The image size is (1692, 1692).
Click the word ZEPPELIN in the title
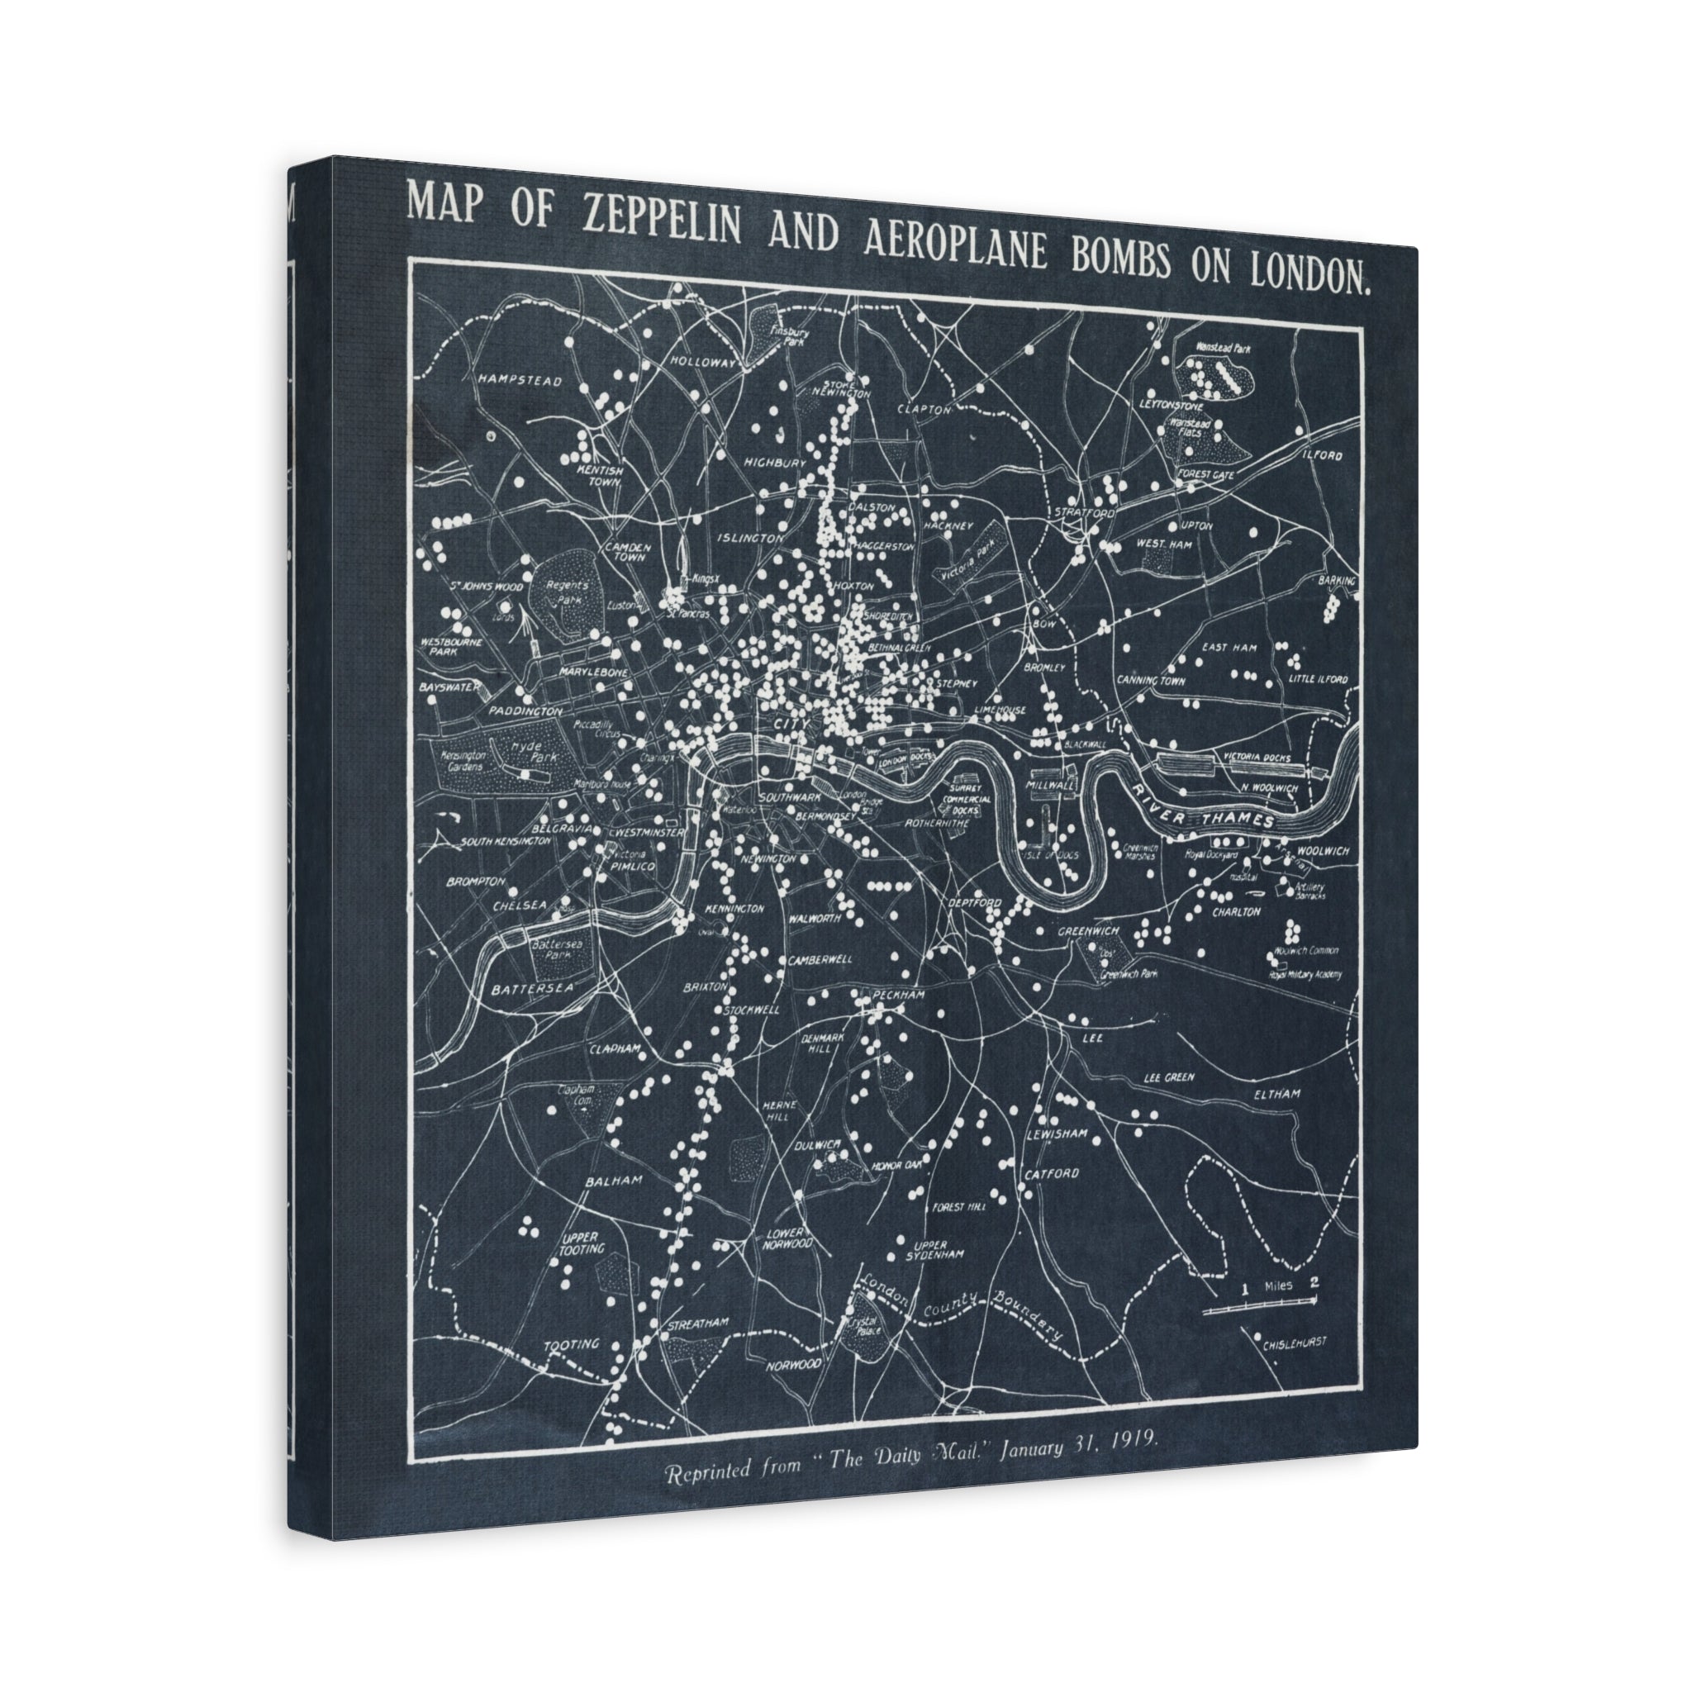(660, 221)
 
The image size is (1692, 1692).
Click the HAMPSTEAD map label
(520, 381)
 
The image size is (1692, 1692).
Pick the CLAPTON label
(924, 409)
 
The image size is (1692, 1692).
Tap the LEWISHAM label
(1057, 1134)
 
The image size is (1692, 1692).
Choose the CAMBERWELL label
(820, 959)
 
